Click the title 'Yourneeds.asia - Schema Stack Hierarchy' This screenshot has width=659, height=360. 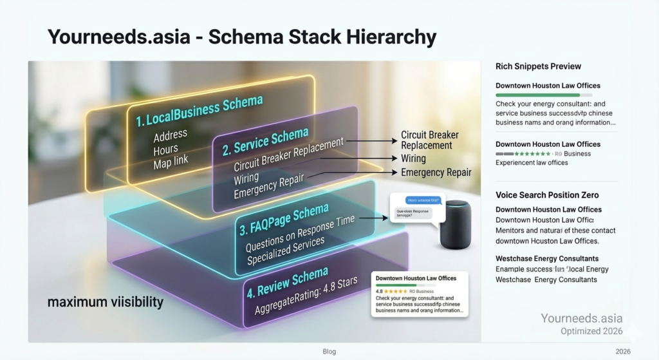pos(242,37)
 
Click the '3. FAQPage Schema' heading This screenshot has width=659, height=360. pos(284,219)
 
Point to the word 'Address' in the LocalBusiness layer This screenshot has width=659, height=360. pos(171,135)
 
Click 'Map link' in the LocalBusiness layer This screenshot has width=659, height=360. pos(171,161)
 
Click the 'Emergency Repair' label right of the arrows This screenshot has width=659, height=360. pos(436,173)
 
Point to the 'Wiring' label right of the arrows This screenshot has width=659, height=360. pos(413,158)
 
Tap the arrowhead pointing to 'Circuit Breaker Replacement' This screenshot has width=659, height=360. pos(394,140)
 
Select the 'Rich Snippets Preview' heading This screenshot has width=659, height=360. pos(538,66)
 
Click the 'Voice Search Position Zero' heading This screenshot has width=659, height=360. pos(547,195)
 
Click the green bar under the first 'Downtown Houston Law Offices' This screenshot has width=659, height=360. pos(538,95)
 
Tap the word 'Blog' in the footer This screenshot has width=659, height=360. pos(329,352)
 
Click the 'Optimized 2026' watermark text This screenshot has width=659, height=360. pos(590,331)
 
